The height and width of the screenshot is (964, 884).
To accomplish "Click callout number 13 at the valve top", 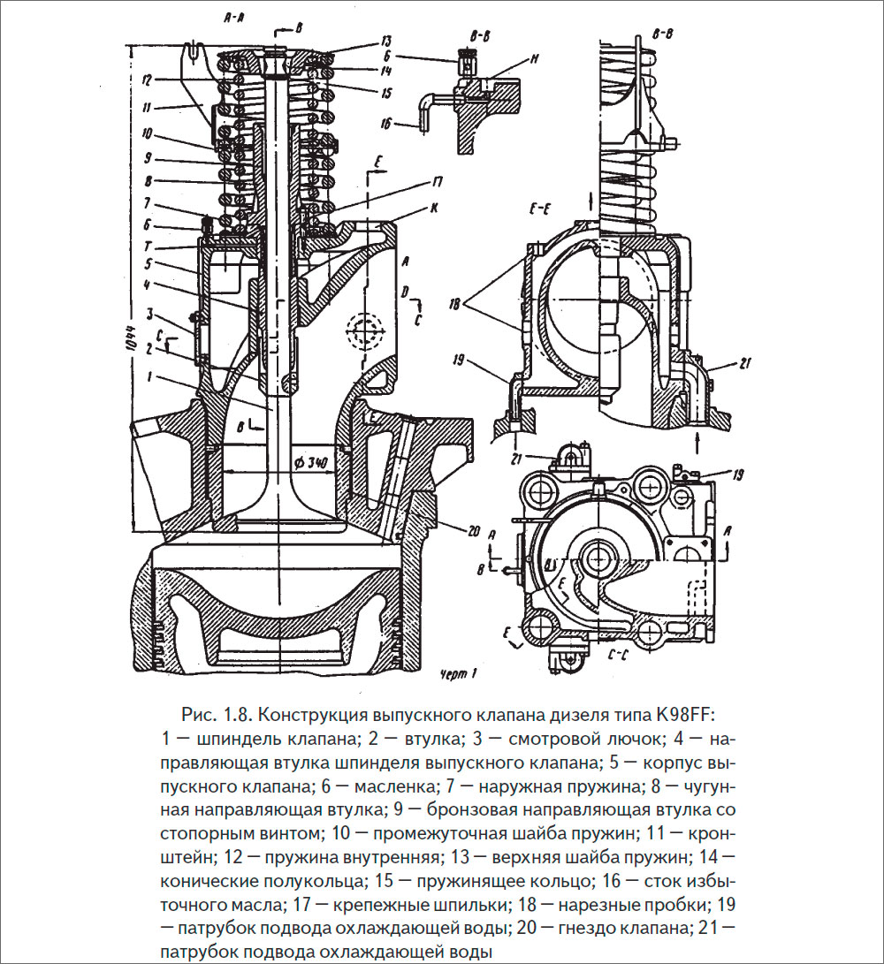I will (386, 42).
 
